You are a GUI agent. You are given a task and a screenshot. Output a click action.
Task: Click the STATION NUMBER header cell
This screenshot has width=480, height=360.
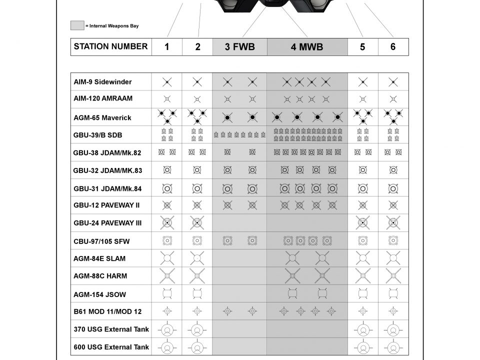coord(110,46)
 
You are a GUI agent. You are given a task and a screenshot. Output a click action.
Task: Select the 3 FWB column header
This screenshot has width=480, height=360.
coord(239,47)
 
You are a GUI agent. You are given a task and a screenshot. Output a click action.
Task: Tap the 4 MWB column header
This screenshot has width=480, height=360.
coord(306,47)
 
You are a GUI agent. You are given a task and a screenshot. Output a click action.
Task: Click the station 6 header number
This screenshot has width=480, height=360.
coord(393,46)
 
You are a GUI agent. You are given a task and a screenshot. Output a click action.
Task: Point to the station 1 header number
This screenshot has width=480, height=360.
coord(166,47)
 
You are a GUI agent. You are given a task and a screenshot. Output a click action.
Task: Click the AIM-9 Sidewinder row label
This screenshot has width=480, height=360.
coord(103,82)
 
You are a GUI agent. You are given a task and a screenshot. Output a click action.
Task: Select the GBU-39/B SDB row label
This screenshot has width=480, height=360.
coord(97,135)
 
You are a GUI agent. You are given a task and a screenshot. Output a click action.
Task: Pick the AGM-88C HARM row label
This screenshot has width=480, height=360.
coord(100,276)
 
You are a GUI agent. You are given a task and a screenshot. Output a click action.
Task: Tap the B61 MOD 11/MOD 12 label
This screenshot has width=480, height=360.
coord(107,311)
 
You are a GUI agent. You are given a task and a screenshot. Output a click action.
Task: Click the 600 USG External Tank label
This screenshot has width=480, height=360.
coord(111,347)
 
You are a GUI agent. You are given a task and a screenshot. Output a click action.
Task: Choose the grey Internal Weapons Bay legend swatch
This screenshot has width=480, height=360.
coord(77,25)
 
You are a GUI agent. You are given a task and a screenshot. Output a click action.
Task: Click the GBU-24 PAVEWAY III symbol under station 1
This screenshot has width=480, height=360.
coord(167,222)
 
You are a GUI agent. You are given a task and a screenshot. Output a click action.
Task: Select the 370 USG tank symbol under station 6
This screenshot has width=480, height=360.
coord(393,329)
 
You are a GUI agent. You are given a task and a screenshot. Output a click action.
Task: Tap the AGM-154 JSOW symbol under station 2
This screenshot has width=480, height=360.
coord(197,293)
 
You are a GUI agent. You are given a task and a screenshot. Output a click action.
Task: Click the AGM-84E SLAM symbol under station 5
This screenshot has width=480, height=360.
coord(363,258)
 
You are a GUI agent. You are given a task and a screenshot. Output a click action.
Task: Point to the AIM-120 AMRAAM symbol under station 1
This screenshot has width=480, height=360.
coord(167,99)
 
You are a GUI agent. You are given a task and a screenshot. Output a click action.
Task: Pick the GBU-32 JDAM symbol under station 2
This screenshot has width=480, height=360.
coord(197,170)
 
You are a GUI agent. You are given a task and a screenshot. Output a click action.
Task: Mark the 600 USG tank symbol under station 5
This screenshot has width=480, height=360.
coord(363,347)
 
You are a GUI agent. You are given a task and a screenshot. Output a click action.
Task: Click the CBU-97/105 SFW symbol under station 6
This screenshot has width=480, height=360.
coord(393,240)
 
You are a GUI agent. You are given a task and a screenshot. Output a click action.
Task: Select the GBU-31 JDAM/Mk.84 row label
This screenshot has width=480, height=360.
coord(107,188)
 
